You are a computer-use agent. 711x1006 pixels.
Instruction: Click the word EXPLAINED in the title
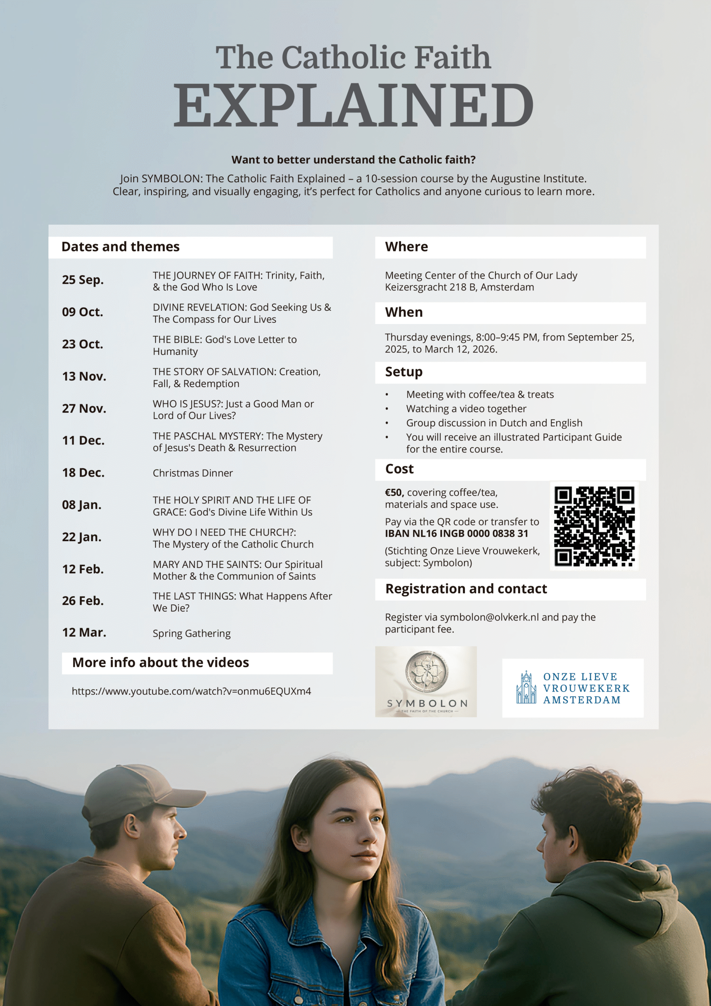[354, 106]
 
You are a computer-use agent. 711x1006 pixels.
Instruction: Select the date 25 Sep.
[83, 280]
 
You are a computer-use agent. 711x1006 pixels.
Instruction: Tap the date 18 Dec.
[83, 473]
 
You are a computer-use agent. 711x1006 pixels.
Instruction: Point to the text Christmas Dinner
[193, 473]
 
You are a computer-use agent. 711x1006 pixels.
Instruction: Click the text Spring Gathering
[191, 633]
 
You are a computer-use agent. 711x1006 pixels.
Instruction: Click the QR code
[594, 526]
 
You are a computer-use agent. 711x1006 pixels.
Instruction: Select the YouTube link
[191, 691]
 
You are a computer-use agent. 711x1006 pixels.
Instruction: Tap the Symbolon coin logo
[426, 671]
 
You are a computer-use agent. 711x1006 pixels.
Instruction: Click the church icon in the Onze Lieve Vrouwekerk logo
[526, 688]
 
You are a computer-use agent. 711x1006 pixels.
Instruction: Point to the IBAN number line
[456, 534]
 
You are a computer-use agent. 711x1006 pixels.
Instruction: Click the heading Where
[406, 247]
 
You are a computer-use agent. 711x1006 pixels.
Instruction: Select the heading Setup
[404, 372]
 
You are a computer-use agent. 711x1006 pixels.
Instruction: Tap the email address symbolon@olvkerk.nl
[489, 617]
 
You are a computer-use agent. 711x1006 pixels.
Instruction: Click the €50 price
[394, 492]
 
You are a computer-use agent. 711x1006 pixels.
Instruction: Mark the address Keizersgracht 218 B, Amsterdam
[459, 287]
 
